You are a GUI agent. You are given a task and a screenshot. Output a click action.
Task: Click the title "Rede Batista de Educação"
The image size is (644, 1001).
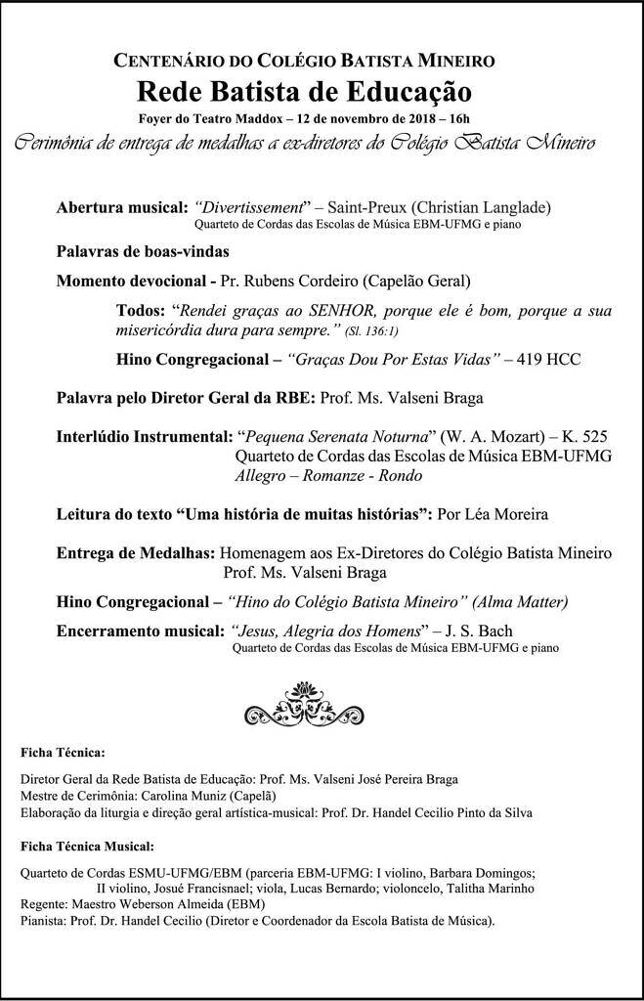(x=304, y=92)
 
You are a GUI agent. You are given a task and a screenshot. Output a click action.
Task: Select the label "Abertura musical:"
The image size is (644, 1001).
(x=121, y=207)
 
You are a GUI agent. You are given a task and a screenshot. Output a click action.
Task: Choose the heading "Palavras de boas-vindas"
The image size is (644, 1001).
(x=142, y=250)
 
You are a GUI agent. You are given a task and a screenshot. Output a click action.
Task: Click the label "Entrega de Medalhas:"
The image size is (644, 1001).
(x=136, y=552)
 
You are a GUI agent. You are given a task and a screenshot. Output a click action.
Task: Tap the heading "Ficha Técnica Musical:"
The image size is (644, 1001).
(x=87, y=845)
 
